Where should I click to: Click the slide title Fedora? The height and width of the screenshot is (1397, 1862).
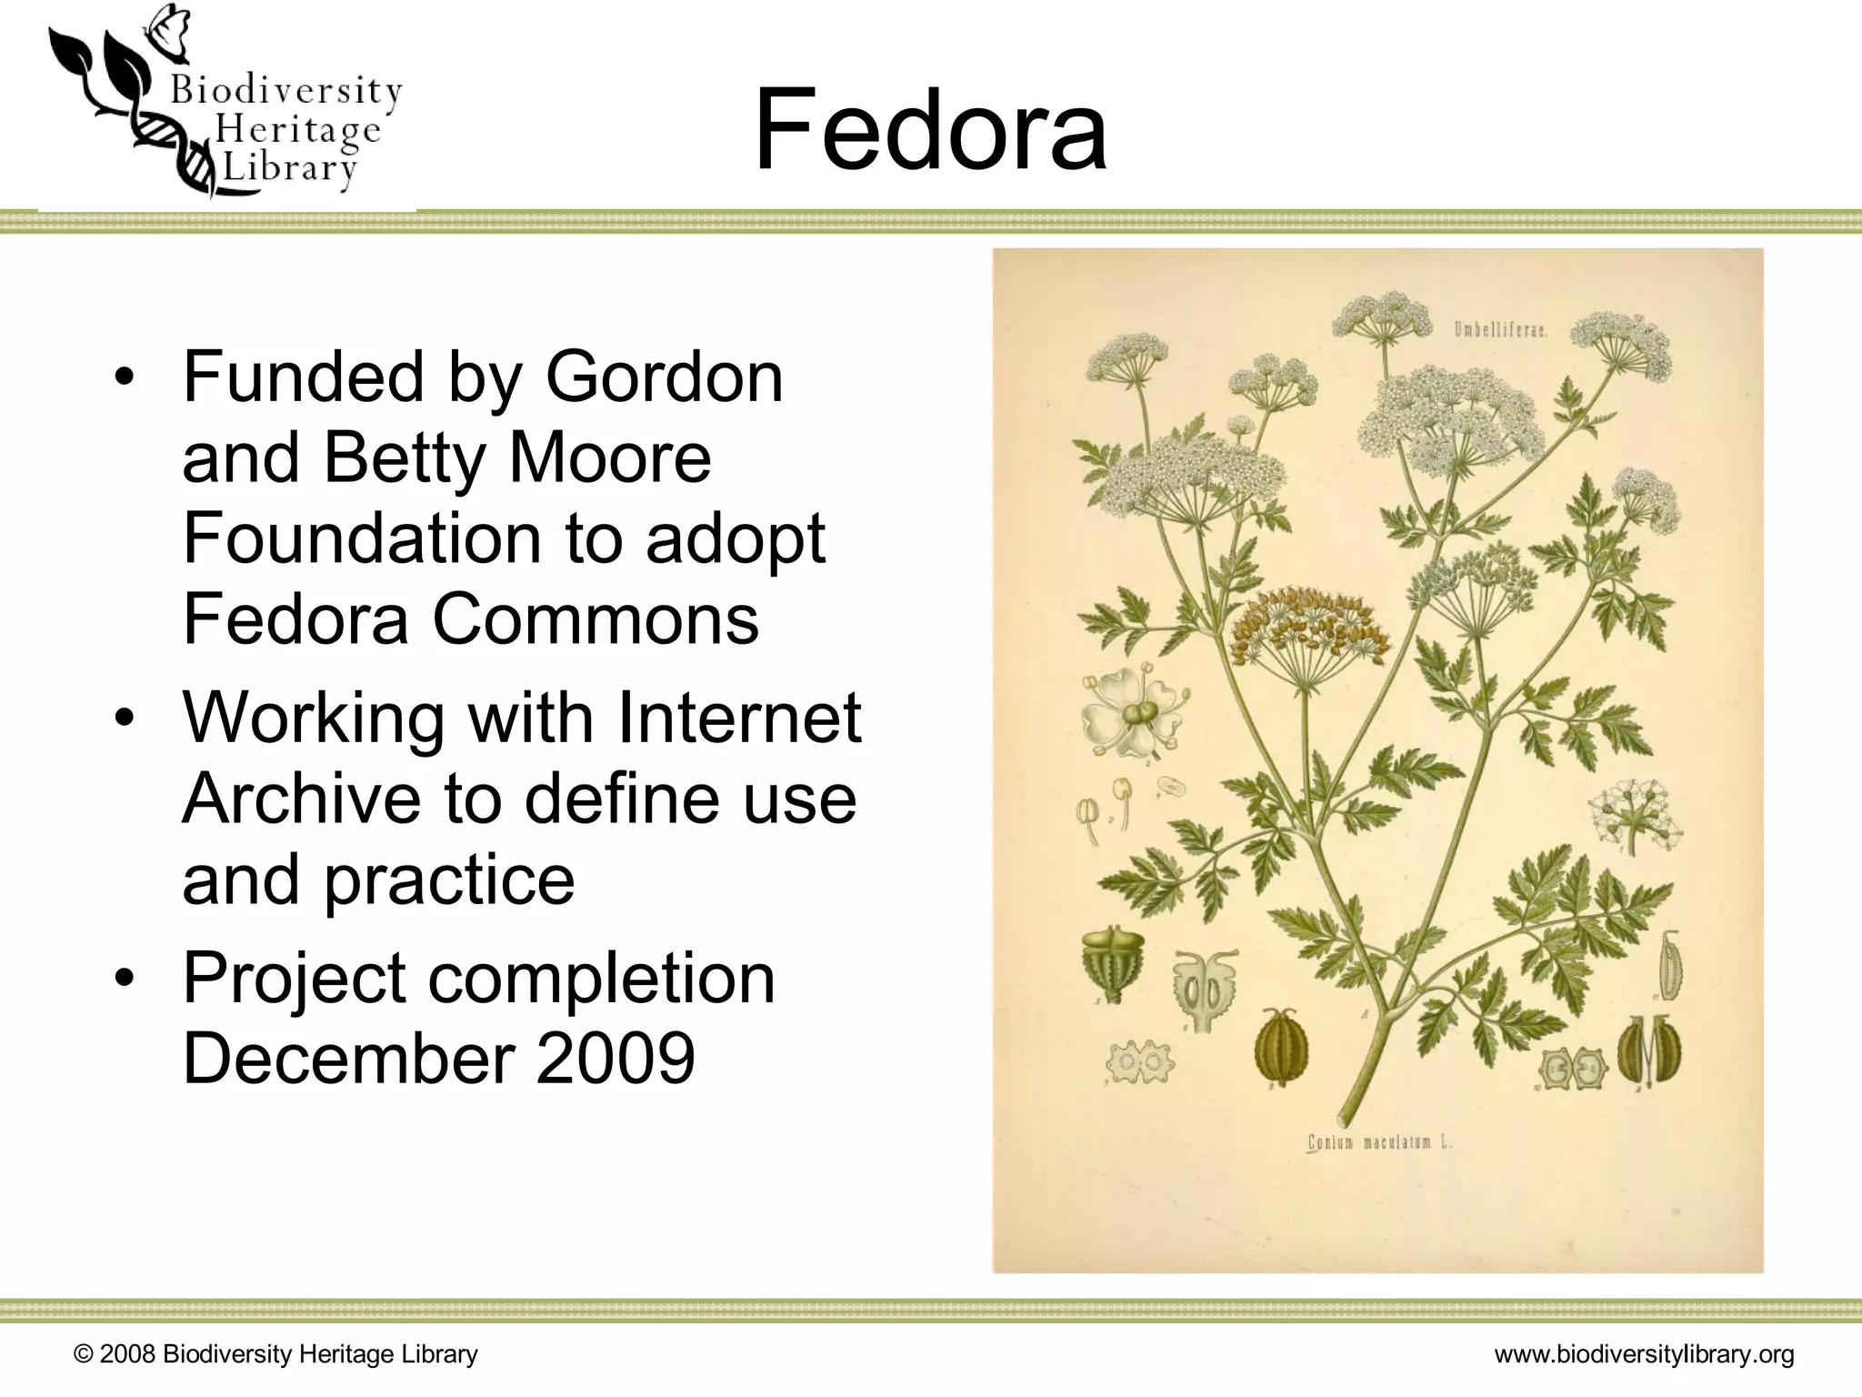click(930, 129)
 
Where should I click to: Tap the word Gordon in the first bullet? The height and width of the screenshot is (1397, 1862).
click(664, 377)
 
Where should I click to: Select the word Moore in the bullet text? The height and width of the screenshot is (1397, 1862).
click(609, 457)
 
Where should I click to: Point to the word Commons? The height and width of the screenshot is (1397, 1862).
click(595, 618)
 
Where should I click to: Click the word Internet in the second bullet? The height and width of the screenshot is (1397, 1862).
click(739, 718)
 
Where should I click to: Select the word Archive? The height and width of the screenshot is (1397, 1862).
click(301, 799)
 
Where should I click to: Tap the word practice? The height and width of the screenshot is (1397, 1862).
click(449, 879)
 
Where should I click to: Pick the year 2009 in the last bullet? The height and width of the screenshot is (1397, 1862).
click(616, 1059)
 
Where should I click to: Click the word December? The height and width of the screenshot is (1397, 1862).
click(349, 1059)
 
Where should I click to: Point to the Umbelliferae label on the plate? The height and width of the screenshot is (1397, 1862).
click(1499, 330)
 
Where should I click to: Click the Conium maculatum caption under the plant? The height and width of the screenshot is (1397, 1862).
click(1378, 1142)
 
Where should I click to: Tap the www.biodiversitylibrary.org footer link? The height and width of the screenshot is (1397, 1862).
click(1644, 1354)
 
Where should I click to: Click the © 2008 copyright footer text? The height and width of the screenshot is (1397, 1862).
click(275, 1354)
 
